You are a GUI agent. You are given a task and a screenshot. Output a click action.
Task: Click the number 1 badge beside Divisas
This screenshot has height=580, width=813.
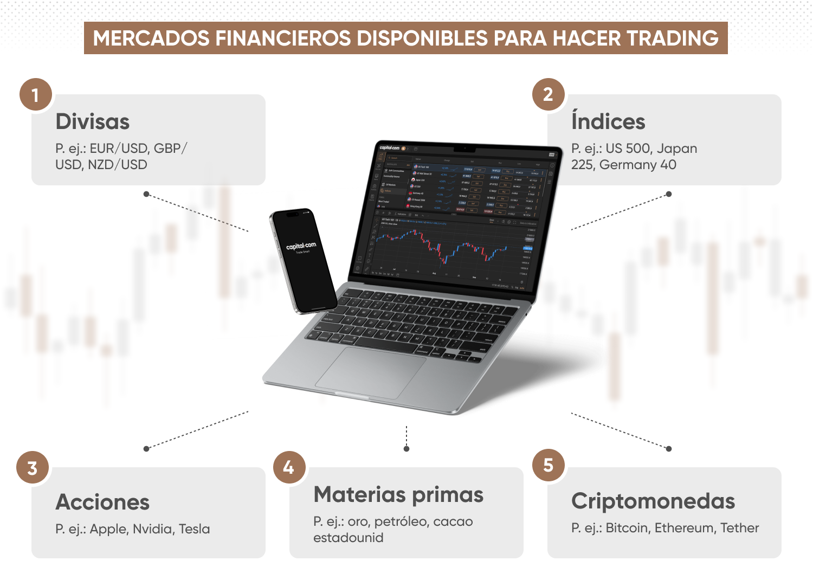click(36, 95)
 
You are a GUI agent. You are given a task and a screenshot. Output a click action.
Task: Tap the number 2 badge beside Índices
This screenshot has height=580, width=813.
click(548, 94)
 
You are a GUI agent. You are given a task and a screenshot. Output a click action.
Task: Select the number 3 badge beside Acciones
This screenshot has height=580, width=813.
click(33, 468)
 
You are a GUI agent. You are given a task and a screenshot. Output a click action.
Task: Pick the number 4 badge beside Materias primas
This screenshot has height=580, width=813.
click(289, 467)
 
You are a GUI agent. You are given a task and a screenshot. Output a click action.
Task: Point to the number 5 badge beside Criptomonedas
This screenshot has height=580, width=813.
click(548, 465)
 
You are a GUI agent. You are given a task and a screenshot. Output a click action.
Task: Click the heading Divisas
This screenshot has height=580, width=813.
click(93, 121)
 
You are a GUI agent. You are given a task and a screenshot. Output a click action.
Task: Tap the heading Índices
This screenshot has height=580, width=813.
click(608, 121)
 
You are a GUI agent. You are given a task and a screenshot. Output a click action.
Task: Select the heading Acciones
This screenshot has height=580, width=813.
click(102, 502)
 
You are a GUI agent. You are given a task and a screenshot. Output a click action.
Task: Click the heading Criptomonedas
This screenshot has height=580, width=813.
click(653, 501)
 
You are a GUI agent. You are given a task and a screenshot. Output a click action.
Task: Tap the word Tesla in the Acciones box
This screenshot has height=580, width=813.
click(194, 529)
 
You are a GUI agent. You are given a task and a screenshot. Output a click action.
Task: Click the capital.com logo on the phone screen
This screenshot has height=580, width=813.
click(301, 247)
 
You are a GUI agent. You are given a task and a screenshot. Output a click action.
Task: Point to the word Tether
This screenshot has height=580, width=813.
click(739, 528)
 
